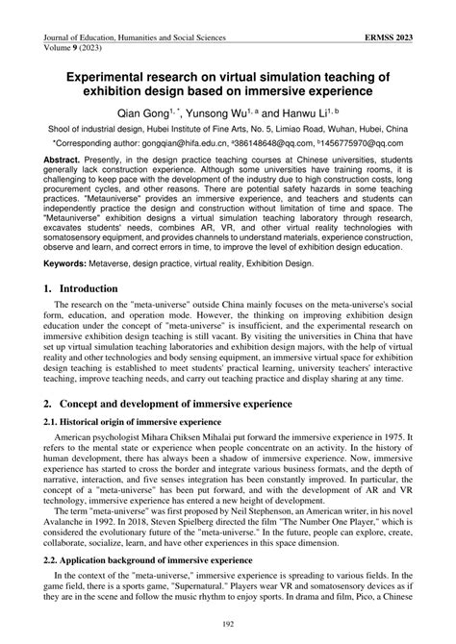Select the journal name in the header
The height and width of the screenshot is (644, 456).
click(135, 37)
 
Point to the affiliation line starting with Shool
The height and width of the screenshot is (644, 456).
click(229, 128)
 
